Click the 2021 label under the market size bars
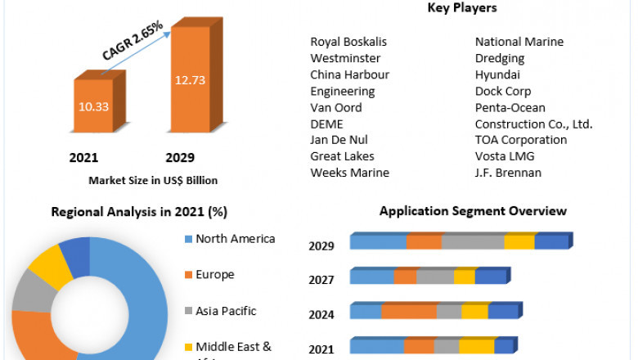tap(84, 158)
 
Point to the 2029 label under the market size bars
tap(180, 158)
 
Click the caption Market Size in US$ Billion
tap(153, 180)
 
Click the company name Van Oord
tap(335, 107)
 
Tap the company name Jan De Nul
tap(339, 140)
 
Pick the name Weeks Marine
tap(349, 173)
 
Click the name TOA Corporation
tap(521, 140)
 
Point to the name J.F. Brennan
tap(508, 173)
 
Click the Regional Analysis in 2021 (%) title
tap(139, 212)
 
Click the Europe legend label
tap(215, 275)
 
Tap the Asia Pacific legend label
tap(226, 311)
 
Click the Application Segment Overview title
tap(473, 211)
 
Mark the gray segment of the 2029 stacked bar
tap(473, 241)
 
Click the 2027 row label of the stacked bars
tap(321, 280)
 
